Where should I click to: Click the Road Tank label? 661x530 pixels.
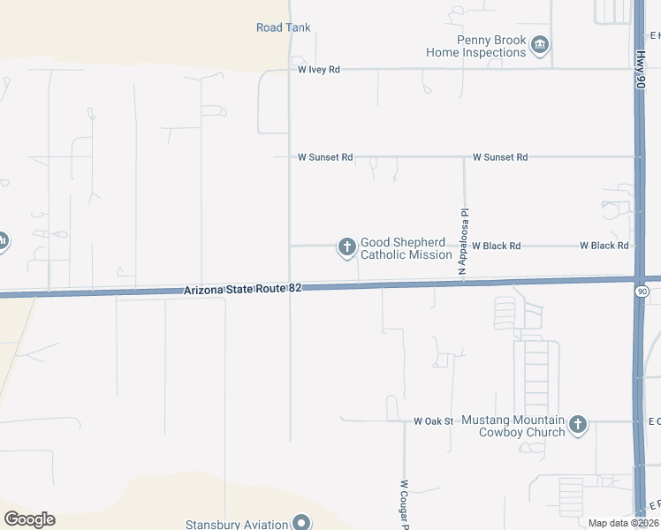(284, 27)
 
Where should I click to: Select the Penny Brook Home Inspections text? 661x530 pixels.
(476, 47)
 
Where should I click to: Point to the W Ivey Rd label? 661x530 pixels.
(319, 69)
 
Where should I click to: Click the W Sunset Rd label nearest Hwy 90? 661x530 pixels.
(500, 157)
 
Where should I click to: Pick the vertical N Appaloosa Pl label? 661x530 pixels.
(462, 241)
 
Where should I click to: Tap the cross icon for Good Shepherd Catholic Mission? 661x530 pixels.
(346, 246)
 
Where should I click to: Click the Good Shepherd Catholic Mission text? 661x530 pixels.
(406, 248)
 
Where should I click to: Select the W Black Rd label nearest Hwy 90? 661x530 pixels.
(604, 246)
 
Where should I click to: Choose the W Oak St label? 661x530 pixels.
(433, 421)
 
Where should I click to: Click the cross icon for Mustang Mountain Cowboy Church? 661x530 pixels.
(578, 425)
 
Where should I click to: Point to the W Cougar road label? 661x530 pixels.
(404, 503)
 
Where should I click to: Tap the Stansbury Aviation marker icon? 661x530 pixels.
(301, 524)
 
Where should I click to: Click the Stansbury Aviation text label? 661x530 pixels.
(237, 524)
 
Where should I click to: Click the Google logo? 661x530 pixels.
(29, 519)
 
